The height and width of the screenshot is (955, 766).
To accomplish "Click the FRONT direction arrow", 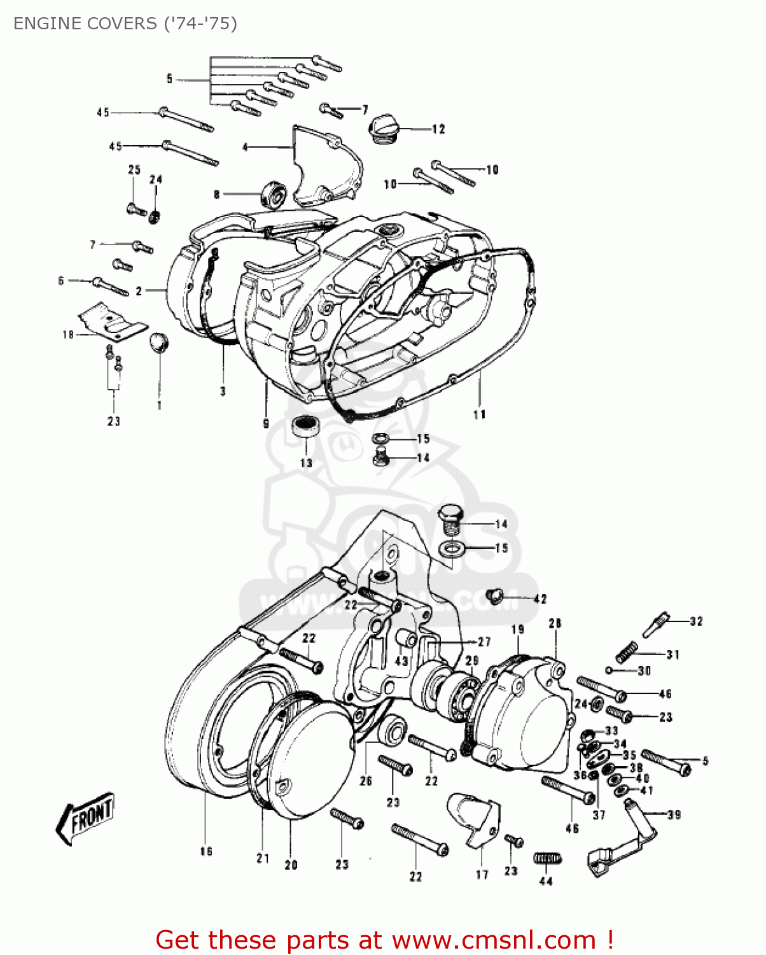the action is pos(86,818).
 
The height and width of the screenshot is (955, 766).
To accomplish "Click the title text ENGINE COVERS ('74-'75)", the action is pos(125,24).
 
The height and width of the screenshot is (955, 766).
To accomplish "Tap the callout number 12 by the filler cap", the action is pos(438,129).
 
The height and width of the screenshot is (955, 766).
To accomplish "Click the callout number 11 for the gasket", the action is pos(479,414).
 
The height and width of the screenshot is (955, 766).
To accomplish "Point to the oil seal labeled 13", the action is pos(305,425).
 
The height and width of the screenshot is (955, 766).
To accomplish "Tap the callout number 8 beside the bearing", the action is pos(216,194).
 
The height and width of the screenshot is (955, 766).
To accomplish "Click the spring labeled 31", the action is pos(627,651).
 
